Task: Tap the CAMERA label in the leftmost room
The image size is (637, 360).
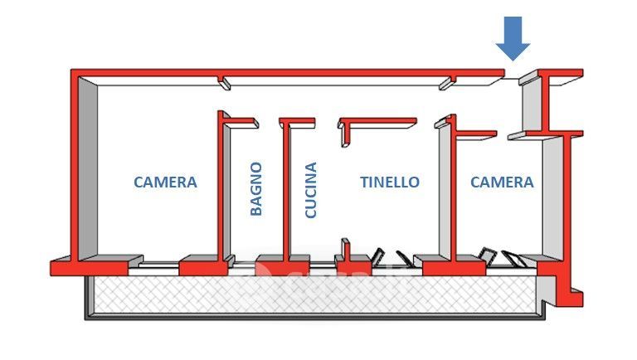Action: (x=166, y=182)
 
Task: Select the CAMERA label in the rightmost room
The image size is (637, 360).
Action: (x=502, y=182)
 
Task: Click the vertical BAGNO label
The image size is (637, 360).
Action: (x=256, y=189)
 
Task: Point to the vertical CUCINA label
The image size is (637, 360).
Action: (x=311, y=190)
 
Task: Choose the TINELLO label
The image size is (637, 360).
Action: (x=390, y=182)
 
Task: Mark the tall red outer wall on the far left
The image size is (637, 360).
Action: (x=76, y=166)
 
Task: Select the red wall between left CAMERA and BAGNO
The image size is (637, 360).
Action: (x=221, y=191)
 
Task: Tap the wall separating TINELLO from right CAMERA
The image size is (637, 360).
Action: (x=451, y=191)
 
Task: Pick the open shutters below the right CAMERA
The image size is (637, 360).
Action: (x=504, y=258)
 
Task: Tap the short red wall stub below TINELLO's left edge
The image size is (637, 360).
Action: (x=345, y=251)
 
